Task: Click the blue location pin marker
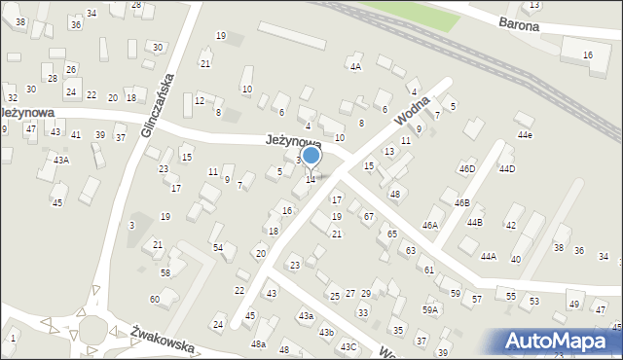(x=311, y=156)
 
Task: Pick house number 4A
(x=355, y=67)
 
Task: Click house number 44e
(x=525, y=134)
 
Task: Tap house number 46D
(x=467, y=169)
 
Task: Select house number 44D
(x=506, y=169)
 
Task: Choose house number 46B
(x=461, y=202)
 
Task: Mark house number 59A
(x=429, y=309)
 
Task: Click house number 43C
(x=348, y=347)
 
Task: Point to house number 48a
(x=258, y=344)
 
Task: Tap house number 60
(x=154, y=299)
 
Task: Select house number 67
(x=368, y=215)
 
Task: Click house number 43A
(x=61, y=160)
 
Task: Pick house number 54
(x=218, y=248)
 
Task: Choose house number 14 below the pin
(x=311, y=179)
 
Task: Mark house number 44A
(x=488, y=256)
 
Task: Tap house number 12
(x=199, y=100)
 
